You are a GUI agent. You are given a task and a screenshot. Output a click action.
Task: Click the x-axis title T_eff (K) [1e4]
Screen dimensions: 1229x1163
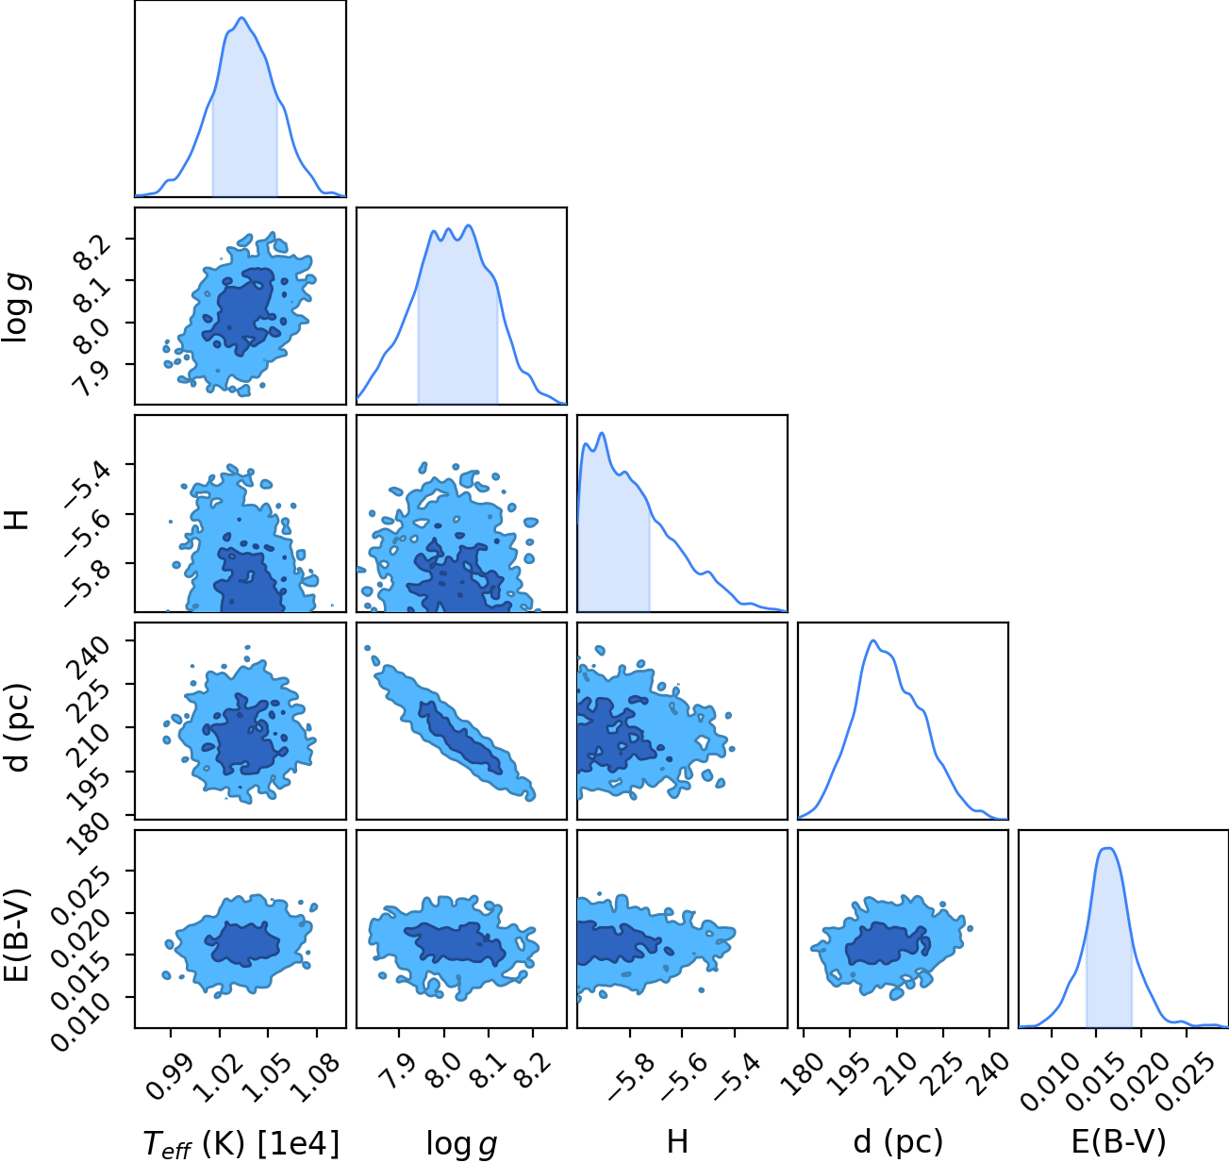tap(241, 1144)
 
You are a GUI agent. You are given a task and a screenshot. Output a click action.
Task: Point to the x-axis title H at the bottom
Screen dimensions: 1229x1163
tap(677, 1141)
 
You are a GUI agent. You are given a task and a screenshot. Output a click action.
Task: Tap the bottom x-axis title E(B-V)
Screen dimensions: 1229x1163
tap(1119, 1142)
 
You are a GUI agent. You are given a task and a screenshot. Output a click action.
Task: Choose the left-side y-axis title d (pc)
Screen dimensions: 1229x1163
tap(19, 728)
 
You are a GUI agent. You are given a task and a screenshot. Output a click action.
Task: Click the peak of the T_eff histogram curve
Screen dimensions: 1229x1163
tap(241, 18)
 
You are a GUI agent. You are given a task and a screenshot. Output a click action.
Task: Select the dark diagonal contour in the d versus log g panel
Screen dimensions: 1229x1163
tap(459, 738)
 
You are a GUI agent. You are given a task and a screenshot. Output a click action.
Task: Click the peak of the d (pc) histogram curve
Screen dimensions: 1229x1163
tap(873, 640)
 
